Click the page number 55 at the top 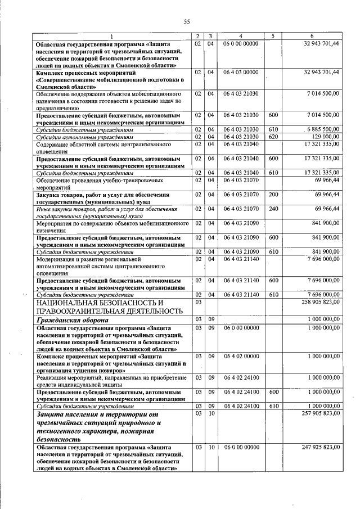click(x=186, y=22)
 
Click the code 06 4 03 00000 click(x=240, y=72)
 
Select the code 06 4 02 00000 click(x=240, y=357)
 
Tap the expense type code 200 click(x=274, y=195)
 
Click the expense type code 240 click(x=274, y=209)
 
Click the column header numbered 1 click(x=112, y=37)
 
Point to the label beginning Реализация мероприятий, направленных click(x=106, y=381)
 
